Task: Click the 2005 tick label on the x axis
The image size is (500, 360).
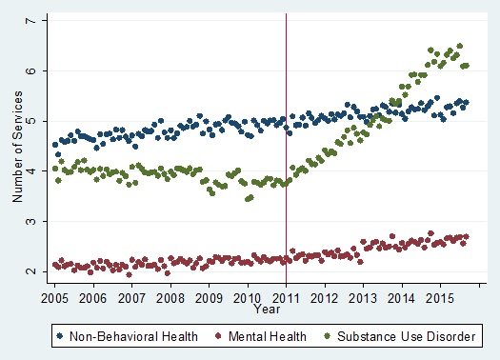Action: click(54, 297)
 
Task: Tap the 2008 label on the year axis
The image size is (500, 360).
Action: click(170, 297)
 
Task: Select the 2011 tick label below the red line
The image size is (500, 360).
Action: click(287, 297)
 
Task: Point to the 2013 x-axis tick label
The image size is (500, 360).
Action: click(364, 297)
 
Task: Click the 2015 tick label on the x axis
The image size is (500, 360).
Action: click(441, 297)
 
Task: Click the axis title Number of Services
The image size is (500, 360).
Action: click(17, 147)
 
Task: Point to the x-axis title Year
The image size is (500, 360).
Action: click(267, 309)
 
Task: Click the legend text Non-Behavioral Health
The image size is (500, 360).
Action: click(130, 336)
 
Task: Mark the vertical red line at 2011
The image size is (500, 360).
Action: click(287, 143)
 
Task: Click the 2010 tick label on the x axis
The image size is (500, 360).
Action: click(248, 297)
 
